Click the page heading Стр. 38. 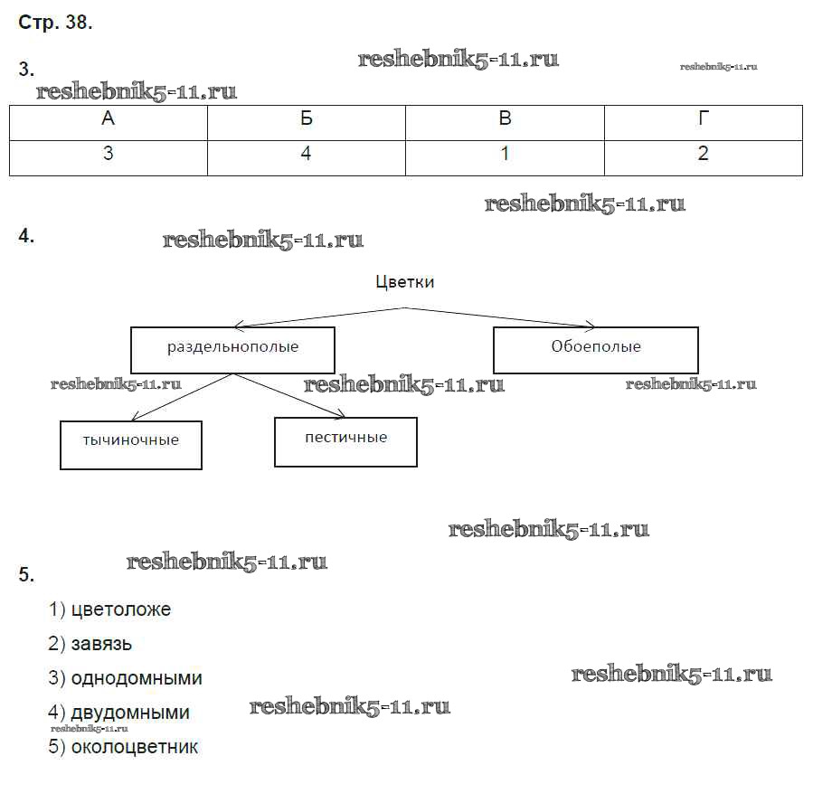tap(55, 24)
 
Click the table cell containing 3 tap(109, 155)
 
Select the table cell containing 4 tap(306, 155)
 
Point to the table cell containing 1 tap(505, 155)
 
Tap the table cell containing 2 tap(704, 155)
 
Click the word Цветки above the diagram tap(404, 282)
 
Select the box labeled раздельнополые tap(232, 349)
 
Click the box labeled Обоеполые tap(595, 349)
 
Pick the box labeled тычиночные tap(130, 443)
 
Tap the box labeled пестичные tap(345, 440)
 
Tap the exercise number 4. tap(26, 236)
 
